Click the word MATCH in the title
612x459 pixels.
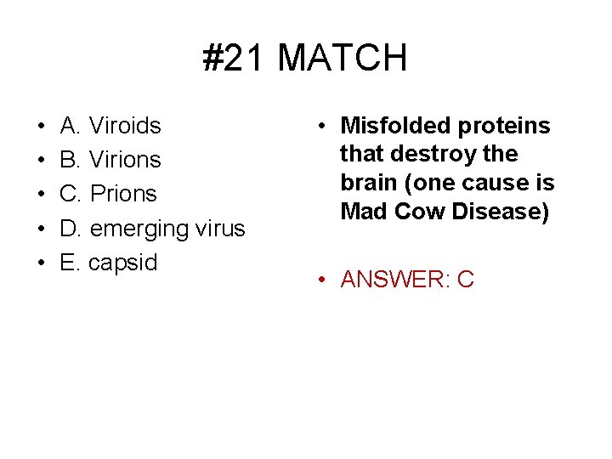(342, 59)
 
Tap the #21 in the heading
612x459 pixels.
(235, 59)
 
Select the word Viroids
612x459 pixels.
(125, 126)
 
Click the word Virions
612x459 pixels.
(125, 160)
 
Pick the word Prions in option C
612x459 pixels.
(123, 194)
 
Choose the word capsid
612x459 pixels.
(123, 263)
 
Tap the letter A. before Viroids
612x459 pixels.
(71, 126)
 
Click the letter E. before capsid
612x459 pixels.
(70, 262)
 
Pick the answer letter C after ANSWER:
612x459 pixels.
(465, 279)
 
